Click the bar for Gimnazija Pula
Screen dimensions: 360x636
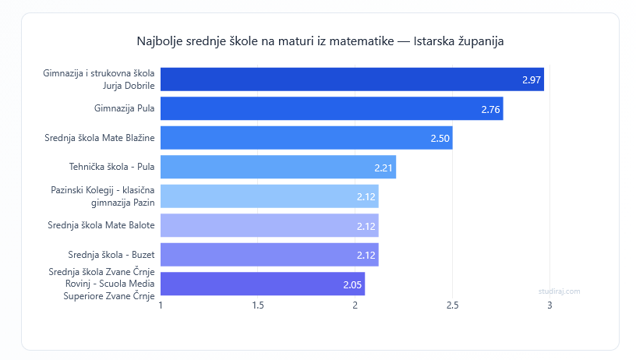pos(331,108)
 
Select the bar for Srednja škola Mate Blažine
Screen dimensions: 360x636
pos(306,138)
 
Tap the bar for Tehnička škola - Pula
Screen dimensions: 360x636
pos(278,167)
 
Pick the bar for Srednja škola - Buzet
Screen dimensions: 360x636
pos(269,255)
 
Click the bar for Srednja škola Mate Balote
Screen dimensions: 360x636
pos(269,225)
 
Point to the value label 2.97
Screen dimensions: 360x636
pos(532,80)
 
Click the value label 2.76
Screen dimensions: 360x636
pos(490,109)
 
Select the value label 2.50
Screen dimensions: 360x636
pos(440,139)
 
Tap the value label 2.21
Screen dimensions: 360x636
pos(383,168)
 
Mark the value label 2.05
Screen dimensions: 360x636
pos(352,284)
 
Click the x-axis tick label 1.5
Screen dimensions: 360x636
pos(258,305)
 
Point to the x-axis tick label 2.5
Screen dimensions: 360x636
pos(452,305)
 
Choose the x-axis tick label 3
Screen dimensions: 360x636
pos(549,305)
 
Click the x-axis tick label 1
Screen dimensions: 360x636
pos(161,305)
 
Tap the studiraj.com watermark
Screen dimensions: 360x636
pos(559,291)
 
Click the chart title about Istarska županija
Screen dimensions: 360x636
pos(320,41)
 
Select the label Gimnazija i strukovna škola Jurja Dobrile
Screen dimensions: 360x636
pos(98,79)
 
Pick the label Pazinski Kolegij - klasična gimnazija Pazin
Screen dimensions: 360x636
pos(102,196)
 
